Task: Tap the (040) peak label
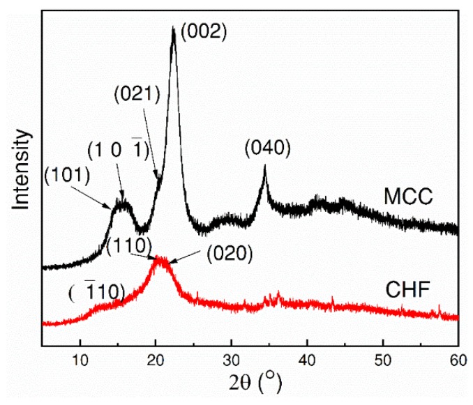(266, 148)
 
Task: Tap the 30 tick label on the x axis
(232, 360)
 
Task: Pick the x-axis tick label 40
(307, 360)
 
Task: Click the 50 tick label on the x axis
(382, 360)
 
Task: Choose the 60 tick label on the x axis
(457, 360)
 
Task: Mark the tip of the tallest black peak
(174, 27)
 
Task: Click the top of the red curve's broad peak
(160, 258)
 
